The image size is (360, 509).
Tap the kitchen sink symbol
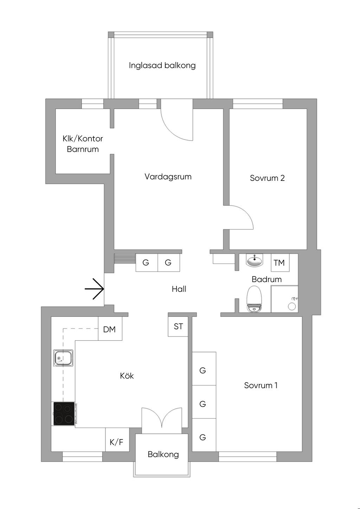click(x=63, y=358)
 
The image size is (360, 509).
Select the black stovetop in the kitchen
click(x=64, y=413)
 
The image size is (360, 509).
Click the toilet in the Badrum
click(x=254, y=299)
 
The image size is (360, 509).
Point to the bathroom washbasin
click(x=254, y=261)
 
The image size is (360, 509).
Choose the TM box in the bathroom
click(x=279, y=263)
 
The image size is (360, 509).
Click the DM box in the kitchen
click(x=110, y=329)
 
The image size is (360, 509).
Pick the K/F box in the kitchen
click(x=117, y=442)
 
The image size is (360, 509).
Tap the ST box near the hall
click(x=178, y=326)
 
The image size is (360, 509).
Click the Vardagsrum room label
click(x=168, y=177)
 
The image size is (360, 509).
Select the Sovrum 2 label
click(x=267, y=178)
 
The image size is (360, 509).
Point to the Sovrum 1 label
click(x=261, y=385)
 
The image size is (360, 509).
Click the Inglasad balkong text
click(x=162, y=65)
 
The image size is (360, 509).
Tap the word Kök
click(x=127, y=376)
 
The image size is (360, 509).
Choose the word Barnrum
click(x=83, y=149)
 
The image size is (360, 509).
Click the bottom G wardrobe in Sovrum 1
click(x=203, y=437)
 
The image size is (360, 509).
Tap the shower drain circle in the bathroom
click(x=292, y=306)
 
